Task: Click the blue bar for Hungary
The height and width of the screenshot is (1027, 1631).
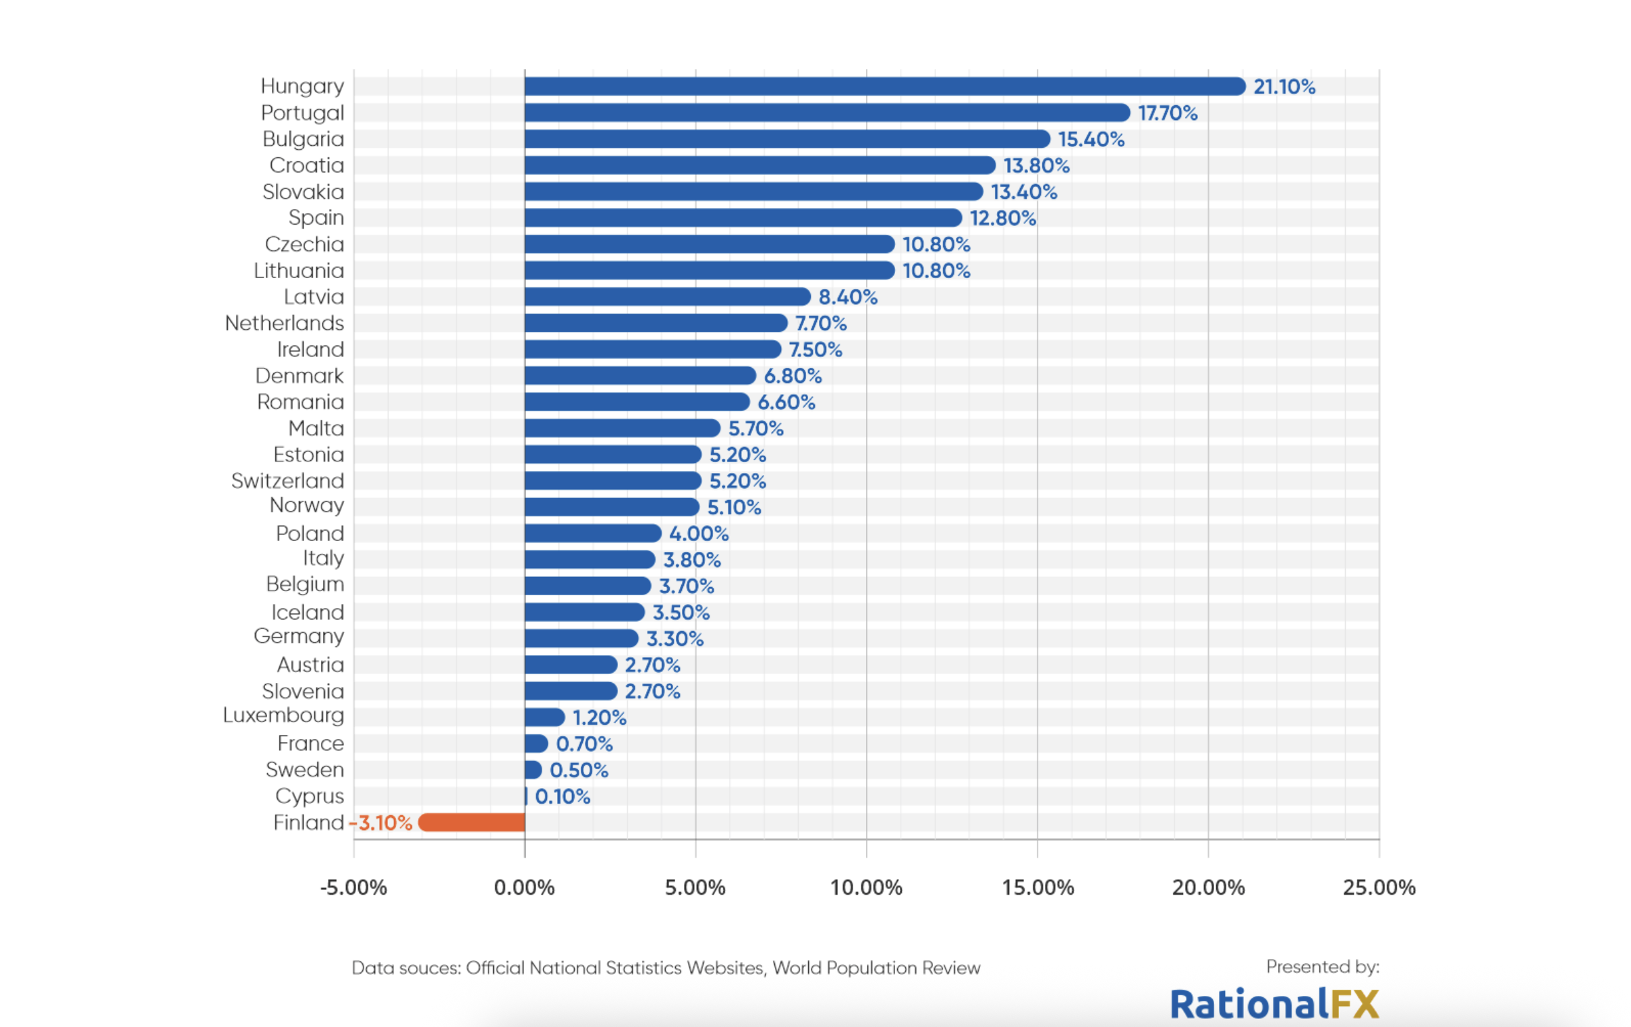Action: pos(884,86)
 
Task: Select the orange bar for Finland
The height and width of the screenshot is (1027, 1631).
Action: pos(472,823)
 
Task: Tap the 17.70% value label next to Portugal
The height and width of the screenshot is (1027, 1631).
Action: pos(1167,113)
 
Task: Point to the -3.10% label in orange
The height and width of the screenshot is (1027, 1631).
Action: pos(380,823)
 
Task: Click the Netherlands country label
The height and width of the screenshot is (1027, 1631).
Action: pos(285,323)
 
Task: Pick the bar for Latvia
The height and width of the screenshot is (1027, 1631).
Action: pos(667,297)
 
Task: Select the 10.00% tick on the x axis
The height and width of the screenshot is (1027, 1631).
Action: pos(866,887)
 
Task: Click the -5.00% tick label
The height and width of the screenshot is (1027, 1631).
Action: pos(353,887)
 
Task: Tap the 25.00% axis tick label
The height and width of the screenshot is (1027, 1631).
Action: pos(1379,887)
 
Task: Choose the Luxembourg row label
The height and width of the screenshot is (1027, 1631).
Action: pos(283,715)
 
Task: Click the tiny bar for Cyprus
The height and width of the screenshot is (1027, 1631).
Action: pos(526,796)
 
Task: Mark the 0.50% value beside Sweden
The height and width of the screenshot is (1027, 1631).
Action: pos(579,771)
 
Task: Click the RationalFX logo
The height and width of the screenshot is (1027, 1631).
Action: pos(1274,1003)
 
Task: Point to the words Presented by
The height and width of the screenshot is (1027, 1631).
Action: pos(1322,967)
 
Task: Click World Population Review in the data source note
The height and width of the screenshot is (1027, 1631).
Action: pos(876,968)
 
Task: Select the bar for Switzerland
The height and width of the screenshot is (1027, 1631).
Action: pos(612,481)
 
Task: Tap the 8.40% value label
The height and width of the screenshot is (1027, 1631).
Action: pos(847,298)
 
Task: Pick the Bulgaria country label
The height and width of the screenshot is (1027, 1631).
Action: pos(304,139)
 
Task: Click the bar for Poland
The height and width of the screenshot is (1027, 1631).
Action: pos(593,534)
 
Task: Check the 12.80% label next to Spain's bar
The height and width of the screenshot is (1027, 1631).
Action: pos(1002,218)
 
